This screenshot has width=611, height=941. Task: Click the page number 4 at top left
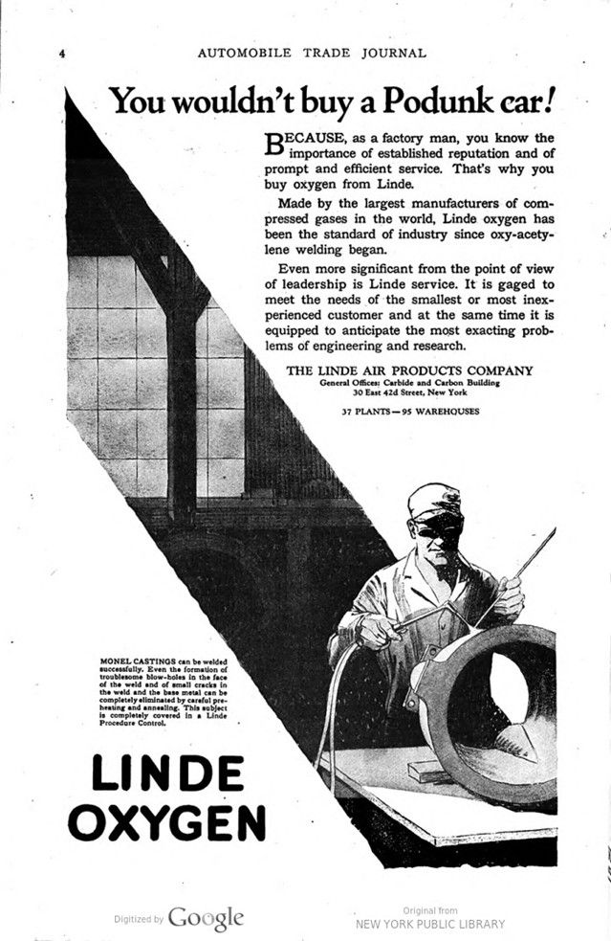point(61,54)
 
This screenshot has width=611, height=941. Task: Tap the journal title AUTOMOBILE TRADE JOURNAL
point(311,53)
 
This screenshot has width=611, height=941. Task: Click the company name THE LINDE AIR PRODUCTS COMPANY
point(411,370)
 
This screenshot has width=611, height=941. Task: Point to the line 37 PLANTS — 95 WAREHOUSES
point(410,413)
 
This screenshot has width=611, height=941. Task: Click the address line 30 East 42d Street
point(411,392)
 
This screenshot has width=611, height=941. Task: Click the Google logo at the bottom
point(206,918)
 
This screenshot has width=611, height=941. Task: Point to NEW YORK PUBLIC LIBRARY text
point(429,924)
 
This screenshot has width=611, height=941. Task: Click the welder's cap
point(433,500)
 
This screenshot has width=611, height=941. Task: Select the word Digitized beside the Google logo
point(133,919)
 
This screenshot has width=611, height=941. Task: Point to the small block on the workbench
point(428,771)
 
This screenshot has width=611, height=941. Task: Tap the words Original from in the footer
point(429,910)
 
